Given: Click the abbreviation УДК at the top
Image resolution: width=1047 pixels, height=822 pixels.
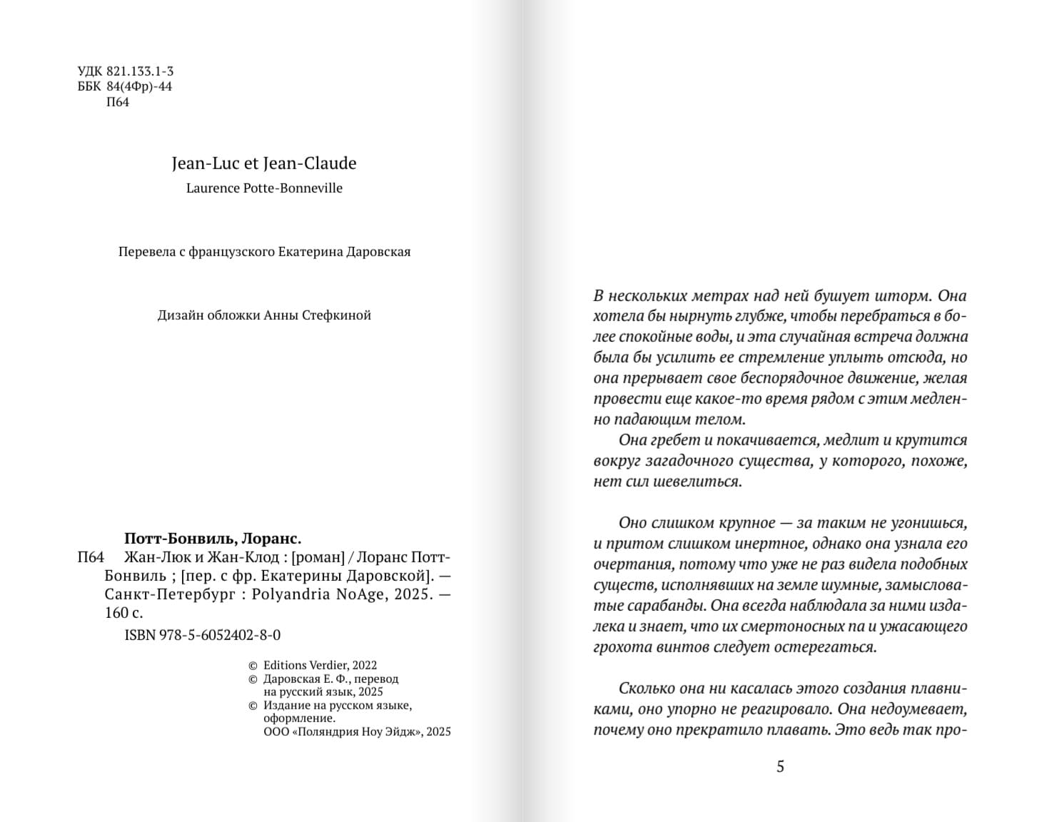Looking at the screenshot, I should pos(90,71).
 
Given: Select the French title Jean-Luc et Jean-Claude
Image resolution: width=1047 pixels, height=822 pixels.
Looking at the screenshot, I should pos(264,163).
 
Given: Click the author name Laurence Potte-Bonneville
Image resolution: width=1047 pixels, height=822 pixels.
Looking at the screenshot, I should pos(264,188).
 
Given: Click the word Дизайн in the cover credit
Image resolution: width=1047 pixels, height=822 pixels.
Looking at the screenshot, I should pos(181,315).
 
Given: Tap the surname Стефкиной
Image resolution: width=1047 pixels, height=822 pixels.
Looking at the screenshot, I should pos(338,315).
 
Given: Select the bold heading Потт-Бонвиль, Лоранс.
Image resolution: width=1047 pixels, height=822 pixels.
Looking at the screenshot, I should pos(213,539).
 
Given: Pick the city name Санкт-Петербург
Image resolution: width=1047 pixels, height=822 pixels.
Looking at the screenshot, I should pos(170,594).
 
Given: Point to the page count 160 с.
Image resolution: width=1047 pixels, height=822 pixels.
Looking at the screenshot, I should pos(123,613).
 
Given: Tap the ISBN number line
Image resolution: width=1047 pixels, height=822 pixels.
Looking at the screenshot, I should pos(203,635).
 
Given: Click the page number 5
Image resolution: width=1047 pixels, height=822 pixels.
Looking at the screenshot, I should pos(780,766).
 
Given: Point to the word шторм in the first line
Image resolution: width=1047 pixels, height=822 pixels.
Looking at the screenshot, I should pos(908,295).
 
